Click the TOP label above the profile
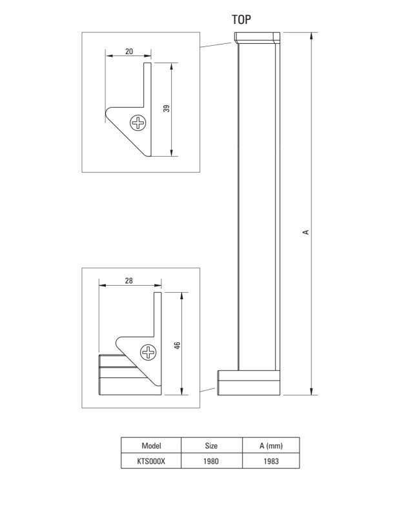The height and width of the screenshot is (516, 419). tap(241, 20)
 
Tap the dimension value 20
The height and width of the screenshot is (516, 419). tap(129, 52)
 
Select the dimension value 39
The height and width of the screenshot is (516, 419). tap(167, 108)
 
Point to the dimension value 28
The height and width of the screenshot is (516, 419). tap(128, 281)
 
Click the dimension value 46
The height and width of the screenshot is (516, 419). tap(177, 346)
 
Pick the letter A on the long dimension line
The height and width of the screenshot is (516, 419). tap(305, 232)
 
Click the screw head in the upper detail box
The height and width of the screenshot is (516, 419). tap(138, 123)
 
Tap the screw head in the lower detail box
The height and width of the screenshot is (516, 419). tap(148, 352)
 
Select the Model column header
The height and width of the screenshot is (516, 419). tap(151, 446)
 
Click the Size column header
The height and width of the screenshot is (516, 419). tap(211, 446)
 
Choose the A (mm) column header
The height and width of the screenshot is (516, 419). tap(271, 446)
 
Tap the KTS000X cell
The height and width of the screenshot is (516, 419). tap(151, 461)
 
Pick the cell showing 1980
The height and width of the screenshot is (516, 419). tap(211, 461)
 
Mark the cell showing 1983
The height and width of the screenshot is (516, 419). tap(271, 461)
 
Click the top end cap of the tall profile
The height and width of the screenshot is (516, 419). tap(257, 37)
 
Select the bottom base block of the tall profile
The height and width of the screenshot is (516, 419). tap(249, 382)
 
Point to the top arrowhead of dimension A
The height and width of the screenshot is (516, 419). tap(312, 35)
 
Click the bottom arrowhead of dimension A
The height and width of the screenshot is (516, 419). tap(312, 392)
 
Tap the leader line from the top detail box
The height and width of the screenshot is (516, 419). tap(216, 45)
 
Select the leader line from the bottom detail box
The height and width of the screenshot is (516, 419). tap(208, 390)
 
